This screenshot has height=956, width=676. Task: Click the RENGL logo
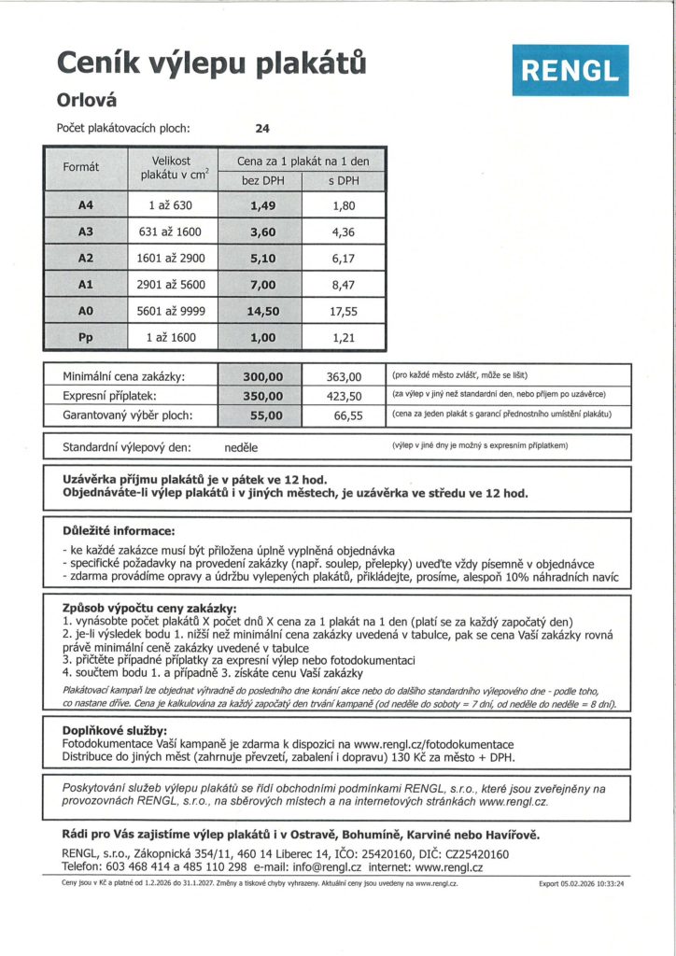(570, 70)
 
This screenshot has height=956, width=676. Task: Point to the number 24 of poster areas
(262, 128)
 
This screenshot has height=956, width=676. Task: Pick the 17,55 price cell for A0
(344, 311)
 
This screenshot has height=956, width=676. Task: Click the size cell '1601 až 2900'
(170, 259)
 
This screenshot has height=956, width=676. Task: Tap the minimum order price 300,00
(262, 376)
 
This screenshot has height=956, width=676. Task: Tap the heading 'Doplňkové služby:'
(115, 729)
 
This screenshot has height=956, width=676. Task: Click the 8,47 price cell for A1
(344, 285)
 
